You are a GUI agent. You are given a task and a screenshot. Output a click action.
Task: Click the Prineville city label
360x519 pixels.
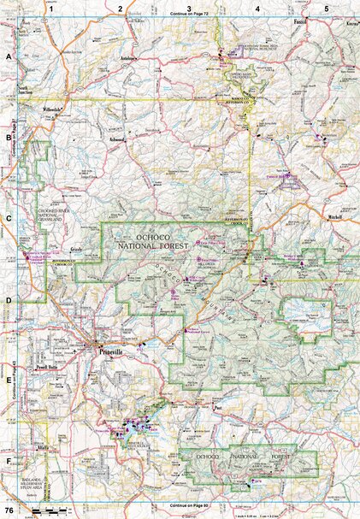pyautogui.click(x=113, y=351)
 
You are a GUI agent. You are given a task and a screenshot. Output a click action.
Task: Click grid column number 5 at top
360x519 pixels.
pyautogui.click(x=326, y=8)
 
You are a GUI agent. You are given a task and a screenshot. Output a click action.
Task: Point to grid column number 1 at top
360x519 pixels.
pyautogui.click(x=52, y=8)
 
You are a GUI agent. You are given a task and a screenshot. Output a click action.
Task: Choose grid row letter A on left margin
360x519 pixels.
pyautogui.click(x=8, y=56)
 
